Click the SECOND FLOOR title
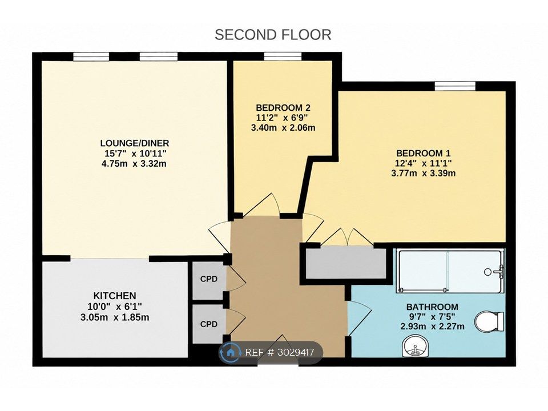[273, 35]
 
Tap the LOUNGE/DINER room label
[135, 143]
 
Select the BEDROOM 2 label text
[283, 108]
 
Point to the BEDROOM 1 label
[423, 153]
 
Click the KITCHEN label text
[115, 296]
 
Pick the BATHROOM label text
[432, 307]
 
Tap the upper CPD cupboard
[209, 280]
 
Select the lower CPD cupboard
[209, 324]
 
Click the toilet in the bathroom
[489, 321]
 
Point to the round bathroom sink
[415, 346]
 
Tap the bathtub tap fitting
[501, 271]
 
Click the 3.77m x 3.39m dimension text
[423, 173]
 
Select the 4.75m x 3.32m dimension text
[134, 164]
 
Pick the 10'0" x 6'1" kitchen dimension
[115, 307]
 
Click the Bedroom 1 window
[455, 86]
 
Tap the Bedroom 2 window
[283, 57]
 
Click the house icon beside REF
[230, 352]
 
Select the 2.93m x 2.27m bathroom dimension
[432, 327]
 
